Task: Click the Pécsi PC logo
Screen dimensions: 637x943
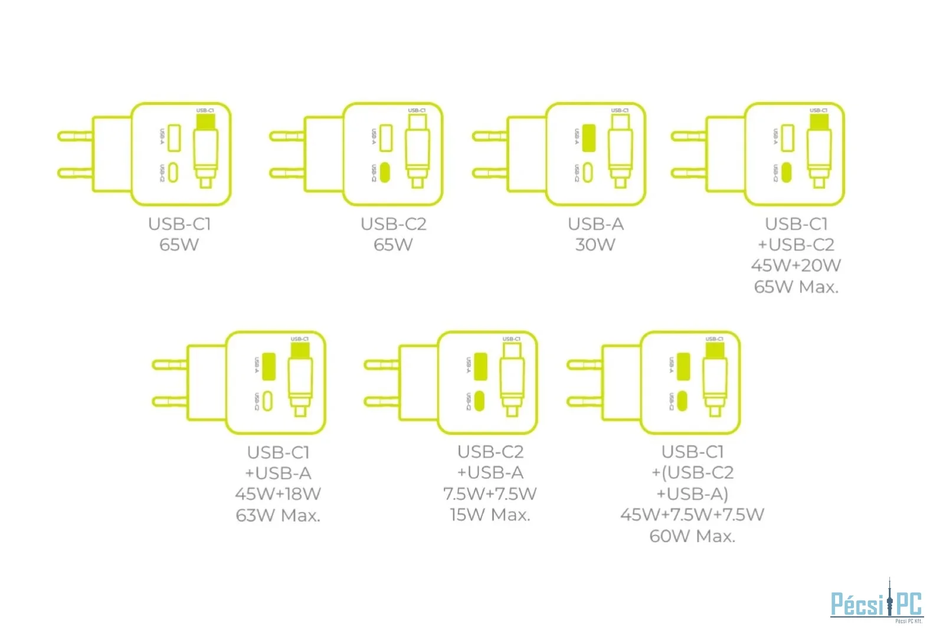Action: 876,603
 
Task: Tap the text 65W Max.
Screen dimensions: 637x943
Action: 796,287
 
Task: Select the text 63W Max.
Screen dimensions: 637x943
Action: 278,515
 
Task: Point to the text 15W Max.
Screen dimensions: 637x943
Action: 490,515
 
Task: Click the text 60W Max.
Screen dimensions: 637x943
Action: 692,536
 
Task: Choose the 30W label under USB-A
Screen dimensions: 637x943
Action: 595,245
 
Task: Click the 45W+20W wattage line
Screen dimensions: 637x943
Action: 796,265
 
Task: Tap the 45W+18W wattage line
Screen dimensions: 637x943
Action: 278,494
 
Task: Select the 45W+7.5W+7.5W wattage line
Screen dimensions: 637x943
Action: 692,515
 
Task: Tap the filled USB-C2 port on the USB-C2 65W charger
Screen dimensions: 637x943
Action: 385,172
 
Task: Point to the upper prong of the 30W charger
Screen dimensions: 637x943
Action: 490,136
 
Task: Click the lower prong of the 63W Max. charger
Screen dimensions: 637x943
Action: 170,402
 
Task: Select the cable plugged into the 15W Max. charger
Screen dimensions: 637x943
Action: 512,380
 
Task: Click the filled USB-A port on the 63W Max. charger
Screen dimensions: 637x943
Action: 269,366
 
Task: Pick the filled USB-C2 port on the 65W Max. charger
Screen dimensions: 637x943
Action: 786,172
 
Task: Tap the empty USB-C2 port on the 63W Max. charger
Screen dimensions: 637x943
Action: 268,401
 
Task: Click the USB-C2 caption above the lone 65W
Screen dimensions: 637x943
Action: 394,224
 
